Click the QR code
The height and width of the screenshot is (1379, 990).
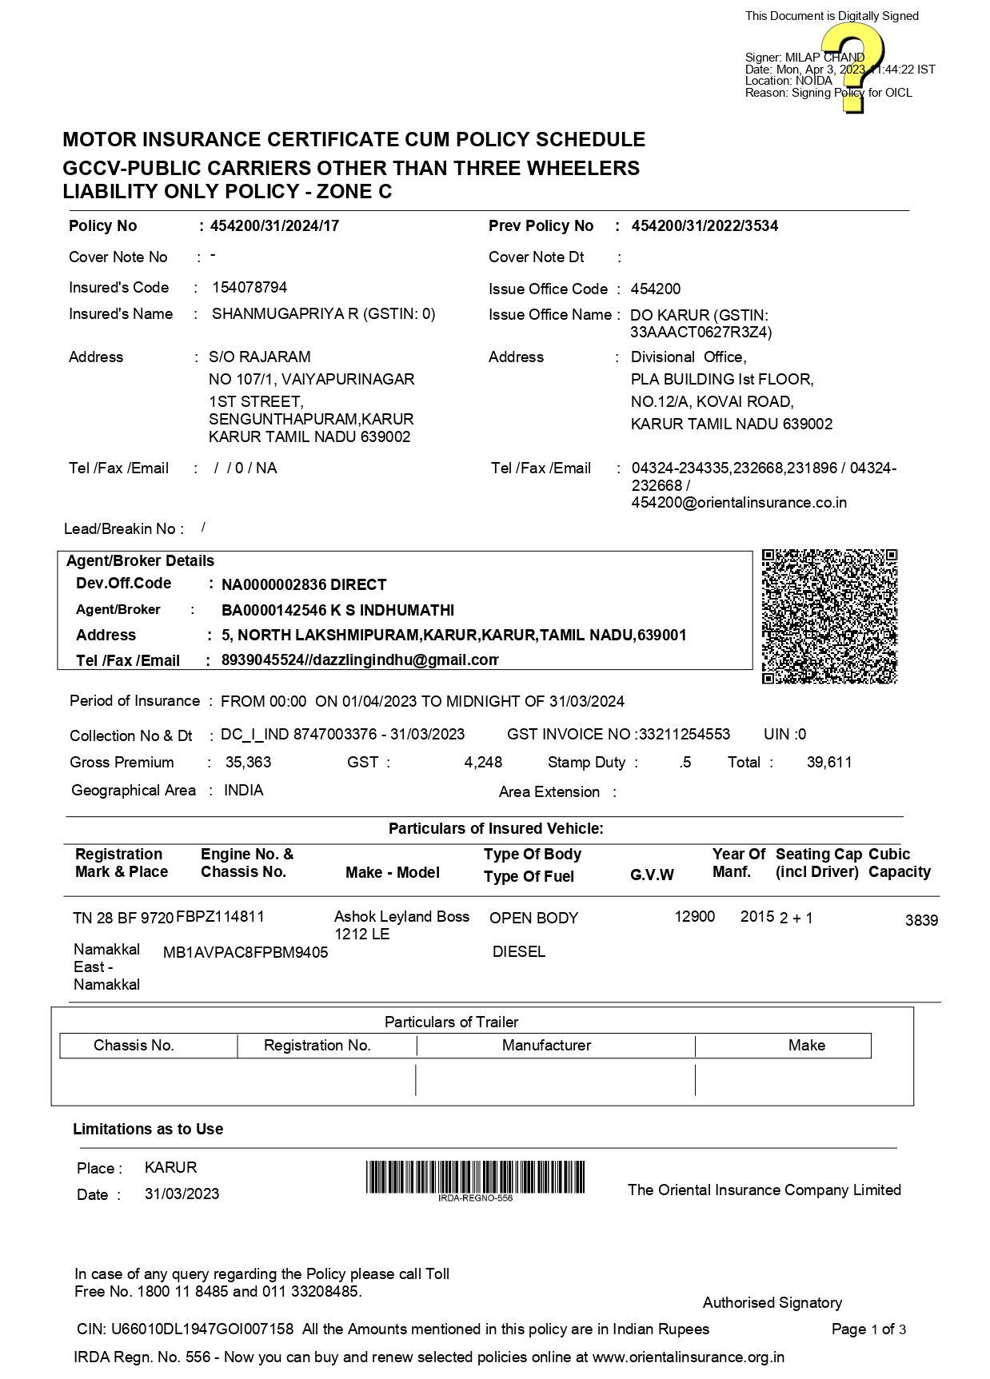(829, 616)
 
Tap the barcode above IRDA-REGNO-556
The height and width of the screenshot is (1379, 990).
(475, 1177)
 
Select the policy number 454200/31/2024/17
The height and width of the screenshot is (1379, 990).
(274, 226)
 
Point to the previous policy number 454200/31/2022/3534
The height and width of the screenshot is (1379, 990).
(705, 226)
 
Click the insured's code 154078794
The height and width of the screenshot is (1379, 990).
(249, 288)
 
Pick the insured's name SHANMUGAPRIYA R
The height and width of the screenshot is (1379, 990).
(285, 314)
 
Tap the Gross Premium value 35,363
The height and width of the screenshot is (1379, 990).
(248, 763)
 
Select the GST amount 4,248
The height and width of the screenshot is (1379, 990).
(483, 763)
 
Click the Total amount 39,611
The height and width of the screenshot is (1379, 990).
(829, 763)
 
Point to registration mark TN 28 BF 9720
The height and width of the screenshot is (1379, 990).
(123, 919)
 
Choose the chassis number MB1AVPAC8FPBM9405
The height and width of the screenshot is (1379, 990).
(246, 953)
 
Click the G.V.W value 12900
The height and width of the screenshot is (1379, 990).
(694, 917)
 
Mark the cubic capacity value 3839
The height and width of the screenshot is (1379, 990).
(921, 921)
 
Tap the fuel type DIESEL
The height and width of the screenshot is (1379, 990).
(519, 952)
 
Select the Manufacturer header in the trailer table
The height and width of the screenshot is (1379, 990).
(546, 1046)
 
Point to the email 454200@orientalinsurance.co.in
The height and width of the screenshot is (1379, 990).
(739, 503)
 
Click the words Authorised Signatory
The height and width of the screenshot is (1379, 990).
(772, 1303)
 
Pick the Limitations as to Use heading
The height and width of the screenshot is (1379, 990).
(148, 1130)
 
